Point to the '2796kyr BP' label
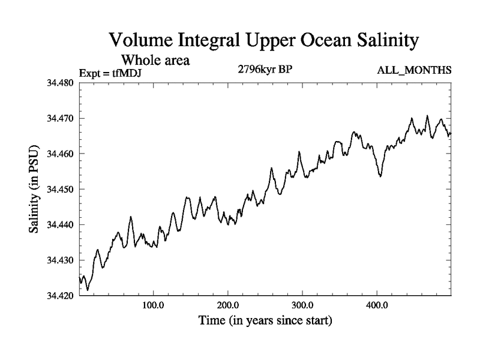265,70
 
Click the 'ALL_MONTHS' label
414,71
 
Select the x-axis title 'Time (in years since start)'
265,320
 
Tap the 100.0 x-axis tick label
154,305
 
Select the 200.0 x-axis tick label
228,305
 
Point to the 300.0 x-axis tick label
302,305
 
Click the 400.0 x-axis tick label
377,305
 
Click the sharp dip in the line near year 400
380,175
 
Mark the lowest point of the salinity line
88,290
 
